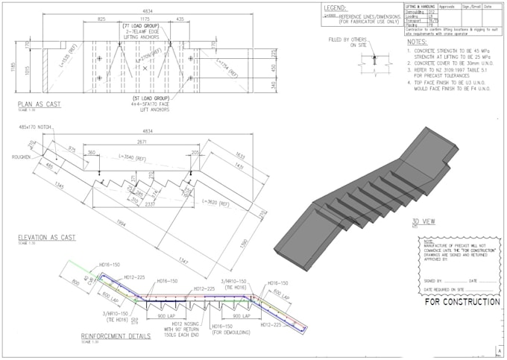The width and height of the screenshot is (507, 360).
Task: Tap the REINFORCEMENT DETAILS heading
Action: click(116, 336)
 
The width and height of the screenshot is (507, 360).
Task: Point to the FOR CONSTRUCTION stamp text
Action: click(462, 303)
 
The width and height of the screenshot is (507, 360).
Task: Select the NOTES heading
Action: click(418, 42)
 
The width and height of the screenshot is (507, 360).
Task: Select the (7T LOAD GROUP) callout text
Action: click(142, 26)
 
